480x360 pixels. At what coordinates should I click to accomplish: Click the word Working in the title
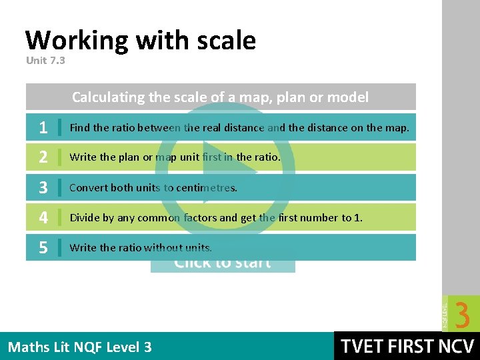pos(76,41)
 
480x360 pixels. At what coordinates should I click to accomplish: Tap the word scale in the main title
pos(226,41)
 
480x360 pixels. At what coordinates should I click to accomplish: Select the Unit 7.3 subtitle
pos(46,61)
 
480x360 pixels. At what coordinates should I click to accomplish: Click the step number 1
pos(43,127)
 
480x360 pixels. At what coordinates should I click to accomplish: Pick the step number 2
pos(43,157)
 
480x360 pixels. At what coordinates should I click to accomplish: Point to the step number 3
pos(43,188)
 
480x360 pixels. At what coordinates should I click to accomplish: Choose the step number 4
pos(43,218)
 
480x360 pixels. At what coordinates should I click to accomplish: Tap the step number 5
pos(43,248)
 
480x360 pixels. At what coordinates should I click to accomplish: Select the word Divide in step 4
pos(84,218)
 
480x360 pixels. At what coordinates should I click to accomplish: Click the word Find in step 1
pos(79,127)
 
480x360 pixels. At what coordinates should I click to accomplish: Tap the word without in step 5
pos(163,248)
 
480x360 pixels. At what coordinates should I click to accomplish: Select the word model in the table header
pos(348,97)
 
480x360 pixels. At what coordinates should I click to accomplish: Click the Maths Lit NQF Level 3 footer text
pos(79,347)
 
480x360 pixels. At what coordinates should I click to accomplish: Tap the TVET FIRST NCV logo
pos(407,347)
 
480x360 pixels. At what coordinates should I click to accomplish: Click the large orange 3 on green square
pos(463,314)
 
